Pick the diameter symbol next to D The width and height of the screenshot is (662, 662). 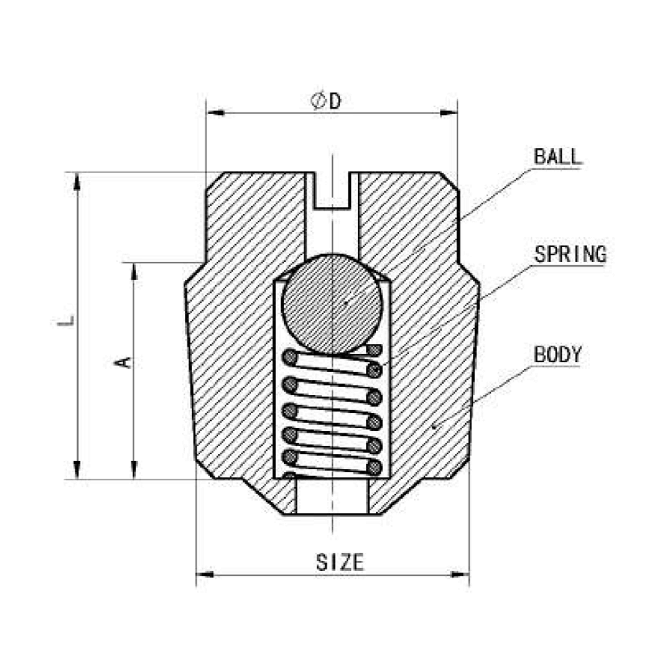(x=318, y=101)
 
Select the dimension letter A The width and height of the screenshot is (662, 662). (x=123, y=362)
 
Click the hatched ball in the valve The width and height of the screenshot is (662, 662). (x=332, y=304)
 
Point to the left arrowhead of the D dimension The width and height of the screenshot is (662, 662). (x=216, y=113)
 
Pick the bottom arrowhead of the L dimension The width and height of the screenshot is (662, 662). (x=77, y=470)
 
